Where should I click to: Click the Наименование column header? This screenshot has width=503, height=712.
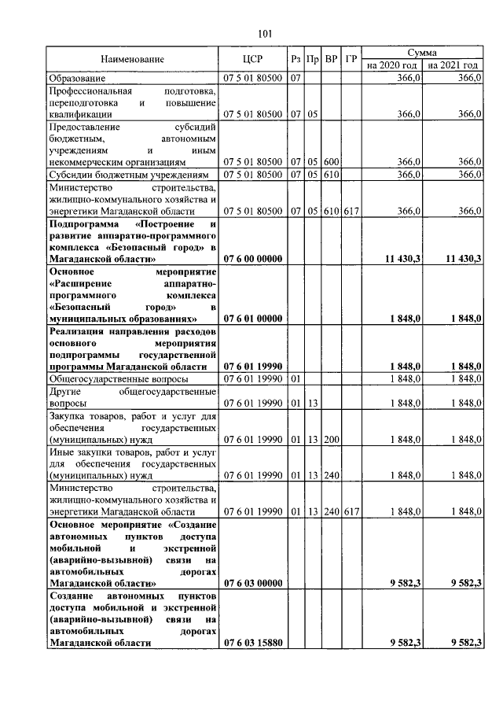click(x=132, y=59)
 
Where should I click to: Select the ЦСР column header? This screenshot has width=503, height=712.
click(x=253, y=59)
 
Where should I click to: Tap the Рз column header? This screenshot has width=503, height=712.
click(x=295, y=59)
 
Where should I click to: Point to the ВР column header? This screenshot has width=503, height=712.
click(x=331, y=59)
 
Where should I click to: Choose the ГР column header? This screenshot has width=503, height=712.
click(x=351, y=59)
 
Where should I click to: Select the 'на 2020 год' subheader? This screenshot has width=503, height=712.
click(x=392, y=65)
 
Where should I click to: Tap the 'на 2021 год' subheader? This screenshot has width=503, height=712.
click(x=453, y=65)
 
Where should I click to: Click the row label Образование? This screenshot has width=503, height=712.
click(x=76, y=79)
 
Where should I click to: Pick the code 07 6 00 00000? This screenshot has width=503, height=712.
click(x=253, y=258)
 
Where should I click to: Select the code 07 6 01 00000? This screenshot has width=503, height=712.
click(x=253, y=319)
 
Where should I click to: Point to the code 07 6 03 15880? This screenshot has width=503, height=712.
click(x=253, y=643)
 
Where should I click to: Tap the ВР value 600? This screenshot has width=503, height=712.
click(x=331, y=161)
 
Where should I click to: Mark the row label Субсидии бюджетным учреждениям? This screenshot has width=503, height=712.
click(x=129, y=174)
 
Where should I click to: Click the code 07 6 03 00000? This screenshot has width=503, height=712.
click(x=253, y=583)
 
